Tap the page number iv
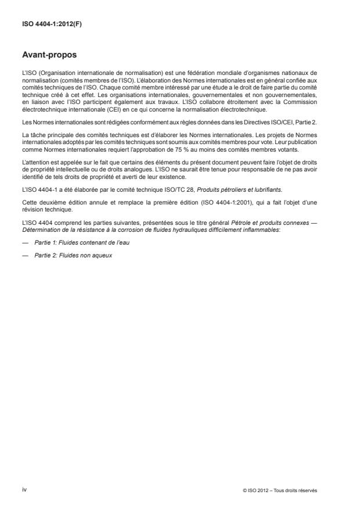[24, 490]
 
